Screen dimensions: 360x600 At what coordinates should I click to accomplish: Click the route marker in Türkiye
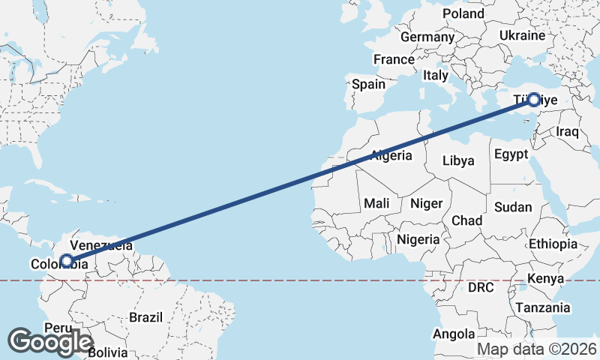533,99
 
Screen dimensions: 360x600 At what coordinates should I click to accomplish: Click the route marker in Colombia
67,261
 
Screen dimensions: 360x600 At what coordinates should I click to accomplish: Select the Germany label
427,37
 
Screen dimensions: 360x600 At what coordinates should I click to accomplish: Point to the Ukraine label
522,35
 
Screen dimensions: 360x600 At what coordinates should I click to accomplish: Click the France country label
394,59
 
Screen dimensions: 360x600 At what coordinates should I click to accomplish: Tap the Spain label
369,84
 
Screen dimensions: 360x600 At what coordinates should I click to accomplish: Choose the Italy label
435,75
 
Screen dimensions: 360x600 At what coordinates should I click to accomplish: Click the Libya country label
458,160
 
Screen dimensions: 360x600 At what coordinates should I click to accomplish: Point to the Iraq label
568,132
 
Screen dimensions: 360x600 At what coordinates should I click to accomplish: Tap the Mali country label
376,203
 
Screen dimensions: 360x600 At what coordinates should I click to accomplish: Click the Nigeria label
418,239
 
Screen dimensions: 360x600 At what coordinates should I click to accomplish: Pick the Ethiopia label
553,244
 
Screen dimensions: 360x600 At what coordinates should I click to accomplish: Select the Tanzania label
542,307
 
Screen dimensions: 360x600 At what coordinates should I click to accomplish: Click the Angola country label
454,334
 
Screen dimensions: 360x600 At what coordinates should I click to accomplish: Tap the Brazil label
145,317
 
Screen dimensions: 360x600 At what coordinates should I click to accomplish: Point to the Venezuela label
101,245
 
